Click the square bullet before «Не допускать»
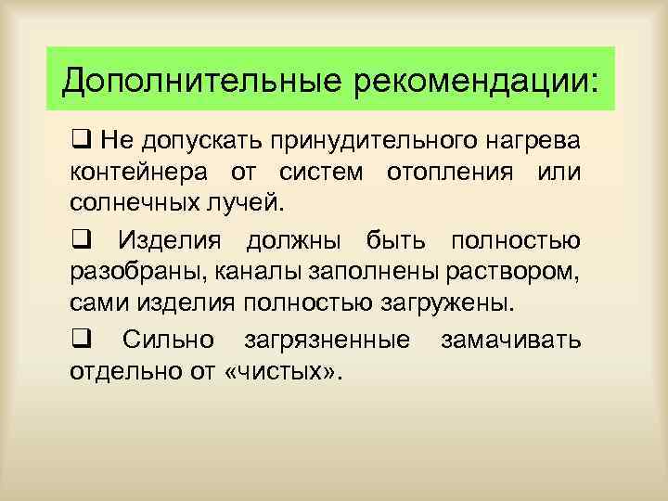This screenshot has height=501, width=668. (x=79, y=140)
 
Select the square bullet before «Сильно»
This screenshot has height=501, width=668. (x=79, y=340)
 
